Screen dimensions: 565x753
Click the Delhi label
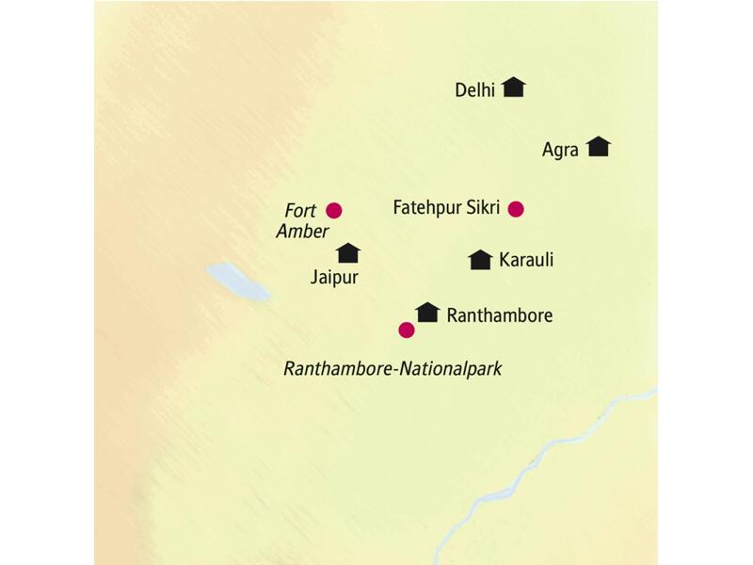[x=474, y=90]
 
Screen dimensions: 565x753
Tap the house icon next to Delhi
[x=513, y=88]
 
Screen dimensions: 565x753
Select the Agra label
[x=560, y=150]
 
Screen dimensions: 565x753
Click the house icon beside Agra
[x=598, y=147]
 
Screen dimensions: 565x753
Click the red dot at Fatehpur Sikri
[x=515, y=209]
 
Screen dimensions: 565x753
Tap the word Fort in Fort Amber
[x=301, y=211]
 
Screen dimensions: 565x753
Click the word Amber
[x=301, y=232]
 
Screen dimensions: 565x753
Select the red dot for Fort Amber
[x=333, y=210]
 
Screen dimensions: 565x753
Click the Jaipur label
[x=335, y=277]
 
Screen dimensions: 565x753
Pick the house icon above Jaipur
[x=348, y=252]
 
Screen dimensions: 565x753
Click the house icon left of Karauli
[x=480, y=260]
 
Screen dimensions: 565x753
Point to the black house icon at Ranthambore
[x=427, y=312]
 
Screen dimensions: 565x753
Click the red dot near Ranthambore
[x=406, y=330]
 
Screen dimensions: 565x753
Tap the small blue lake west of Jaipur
[x=237, y=281]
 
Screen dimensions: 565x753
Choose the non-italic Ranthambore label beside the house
[x=499, y=315]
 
